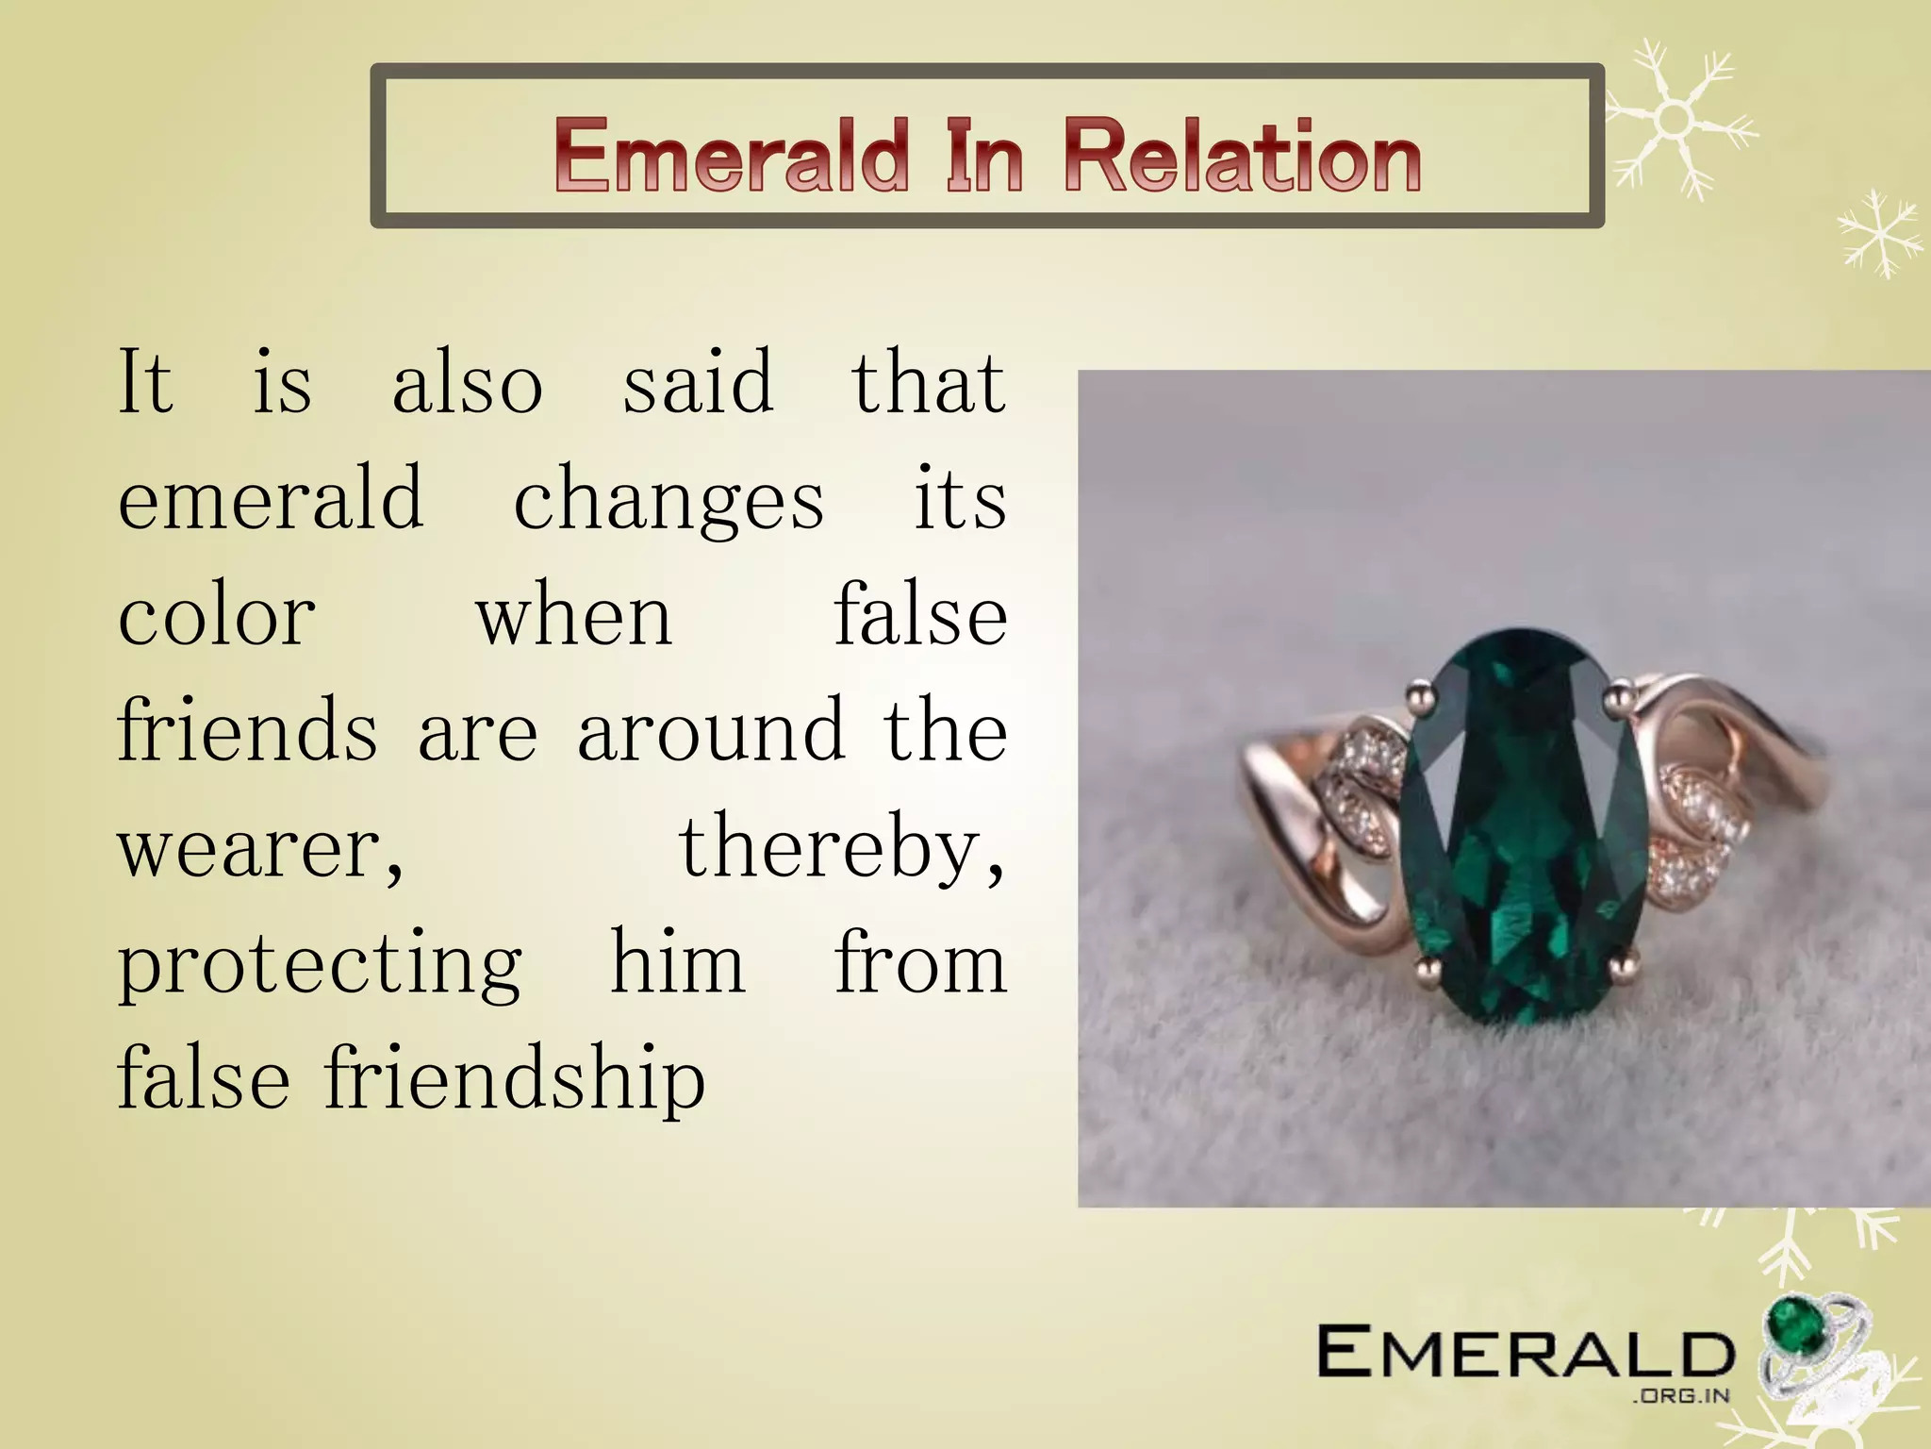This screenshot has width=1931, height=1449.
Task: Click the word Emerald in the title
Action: (x=732, y=156)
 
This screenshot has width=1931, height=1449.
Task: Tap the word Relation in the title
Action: (x=1242, y=156)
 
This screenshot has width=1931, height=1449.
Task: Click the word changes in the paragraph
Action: (x=668, y=500)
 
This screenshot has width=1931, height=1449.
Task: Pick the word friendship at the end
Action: (x=515, y=1079)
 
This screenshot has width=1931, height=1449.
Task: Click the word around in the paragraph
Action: (x=711, y=732)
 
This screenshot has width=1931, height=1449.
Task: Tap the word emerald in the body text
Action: (x=271, y=500)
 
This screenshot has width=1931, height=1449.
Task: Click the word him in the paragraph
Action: (x=678, y=964)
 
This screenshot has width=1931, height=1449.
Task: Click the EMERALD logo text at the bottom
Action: (x=1525, y=1352)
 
